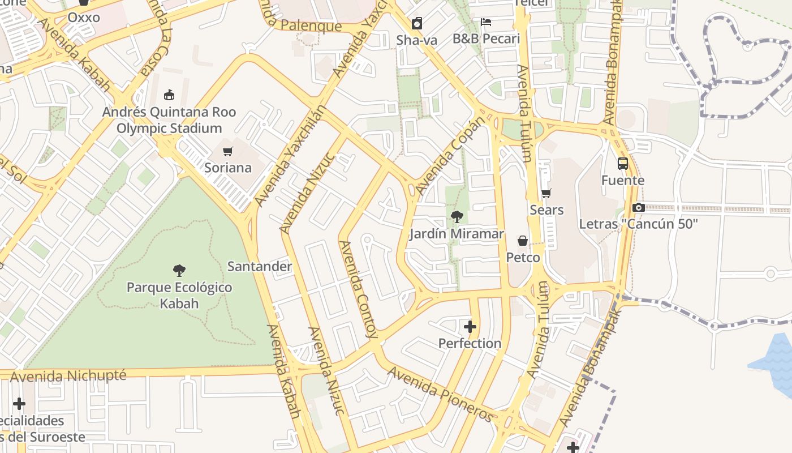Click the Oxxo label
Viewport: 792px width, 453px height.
click(x=84, y=18)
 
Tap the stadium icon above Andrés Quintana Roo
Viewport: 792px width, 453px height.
click(x=169, y=95)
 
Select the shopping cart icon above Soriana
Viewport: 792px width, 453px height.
click(x=227, y=151)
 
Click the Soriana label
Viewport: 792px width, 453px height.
click(x=227, y=168)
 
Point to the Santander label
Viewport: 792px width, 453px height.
click(x=259, y=266)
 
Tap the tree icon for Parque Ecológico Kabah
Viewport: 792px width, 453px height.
click(x=179, y=271)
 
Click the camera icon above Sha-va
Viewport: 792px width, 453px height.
click(x=417, y=23)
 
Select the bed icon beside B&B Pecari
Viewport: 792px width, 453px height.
click(x=486, y=23)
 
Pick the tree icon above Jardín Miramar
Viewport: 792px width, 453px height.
click(x=457, y=217)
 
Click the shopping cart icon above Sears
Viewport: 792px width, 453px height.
click(x=546, y=194)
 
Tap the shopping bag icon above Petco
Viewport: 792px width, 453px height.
click(x=523, y=241)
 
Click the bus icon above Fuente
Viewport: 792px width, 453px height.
click(x=623, y=164)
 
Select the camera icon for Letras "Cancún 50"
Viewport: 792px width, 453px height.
click(x=639, y=207)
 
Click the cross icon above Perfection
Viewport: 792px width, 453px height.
click(x=470, y=327)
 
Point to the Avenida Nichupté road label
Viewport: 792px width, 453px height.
click(x=68, y=376)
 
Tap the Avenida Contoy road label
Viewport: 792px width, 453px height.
click(x=359, y=289)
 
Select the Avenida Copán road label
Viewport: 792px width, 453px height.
click(x=450, y=155)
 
